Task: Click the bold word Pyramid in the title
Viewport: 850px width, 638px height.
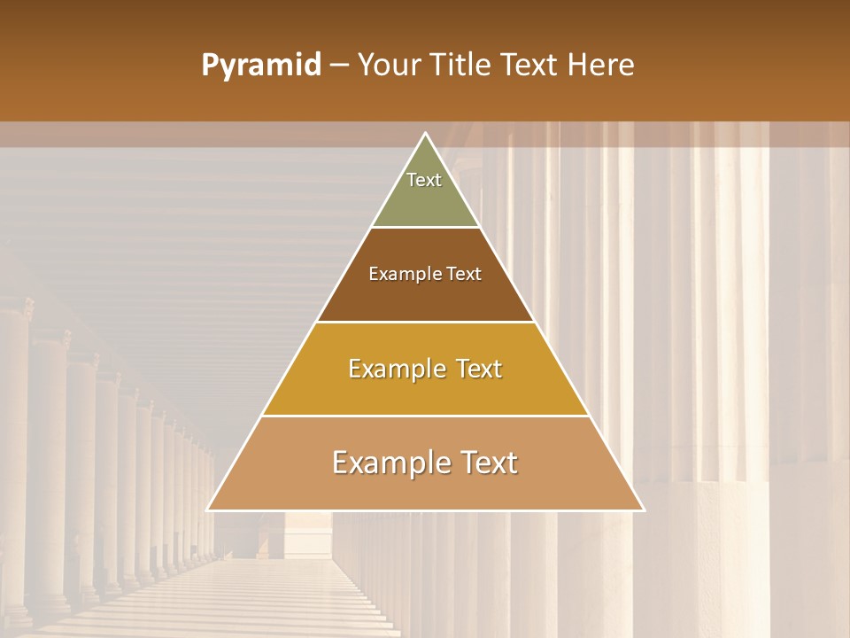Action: [261, 66]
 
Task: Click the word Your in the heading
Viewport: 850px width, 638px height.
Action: [390, 66]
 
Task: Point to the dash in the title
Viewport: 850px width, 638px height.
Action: [339, 66]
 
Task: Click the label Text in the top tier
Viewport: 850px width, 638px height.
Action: [424, 180]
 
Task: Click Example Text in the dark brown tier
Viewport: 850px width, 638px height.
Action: [425, 274]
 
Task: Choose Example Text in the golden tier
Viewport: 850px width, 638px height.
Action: [425, 369]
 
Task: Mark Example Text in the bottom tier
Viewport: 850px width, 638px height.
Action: [425, 463]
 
